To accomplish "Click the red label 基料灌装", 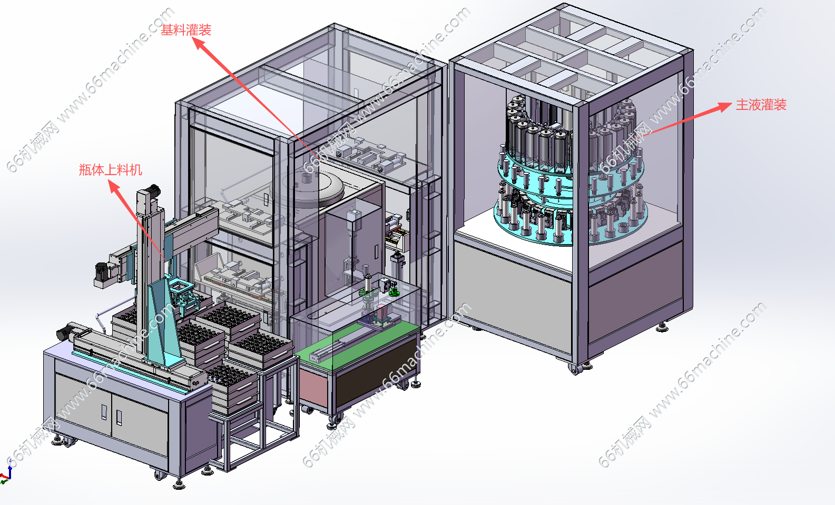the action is coord(186,30).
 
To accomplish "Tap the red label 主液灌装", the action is coord(761,105).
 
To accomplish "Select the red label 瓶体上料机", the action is coord(110,170).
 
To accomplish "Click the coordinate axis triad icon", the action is coord(6,473).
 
